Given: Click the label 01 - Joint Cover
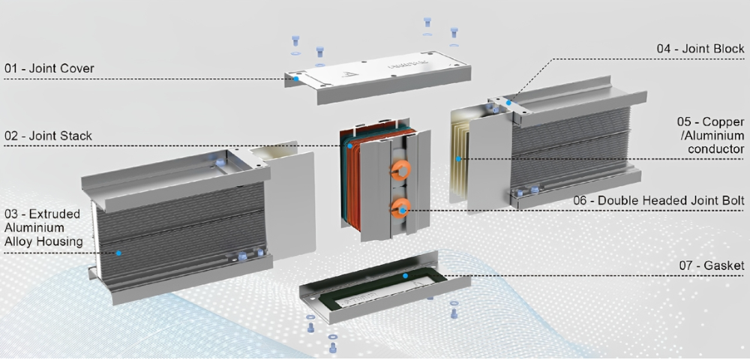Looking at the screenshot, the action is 49,68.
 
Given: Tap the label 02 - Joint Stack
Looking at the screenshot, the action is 48,136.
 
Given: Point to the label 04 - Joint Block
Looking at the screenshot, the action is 700,49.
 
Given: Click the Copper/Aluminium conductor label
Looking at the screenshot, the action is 711,135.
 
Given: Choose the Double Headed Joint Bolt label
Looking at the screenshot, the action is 658,200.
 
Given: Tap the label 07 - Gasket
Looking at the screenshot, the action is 712,265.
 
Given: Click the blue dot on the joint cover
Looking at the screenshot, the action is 296,79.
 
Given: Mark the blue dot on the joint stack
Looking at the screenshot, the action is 349,145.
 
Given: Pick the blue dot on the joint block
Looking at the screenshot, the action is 509,103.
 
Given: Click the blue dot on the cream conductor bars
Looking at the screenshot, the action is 458,159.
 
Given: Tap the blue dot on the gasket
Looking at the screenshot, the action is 405,276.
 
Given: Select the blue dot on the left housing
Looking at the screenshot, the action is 118,253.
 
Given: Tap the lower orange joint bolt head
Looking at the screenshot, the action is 400,208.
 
